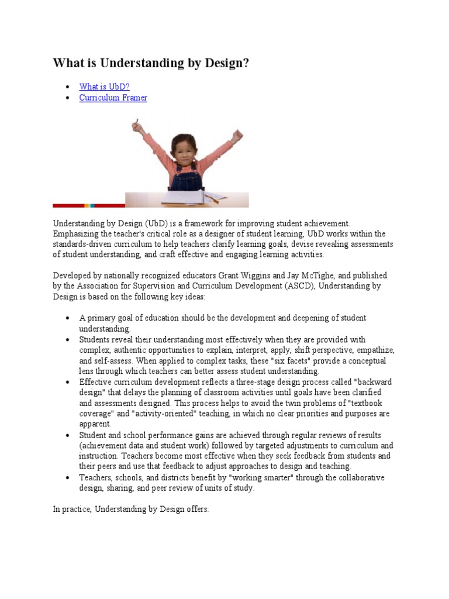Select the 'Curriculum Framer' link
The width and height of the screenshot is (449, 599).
(x=113, y=98)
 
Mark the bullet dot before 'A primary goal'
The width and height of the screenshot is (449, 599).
(x=68, y=318)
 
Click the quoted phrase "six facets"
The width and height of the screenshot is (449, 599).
(x=296, y=361)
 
